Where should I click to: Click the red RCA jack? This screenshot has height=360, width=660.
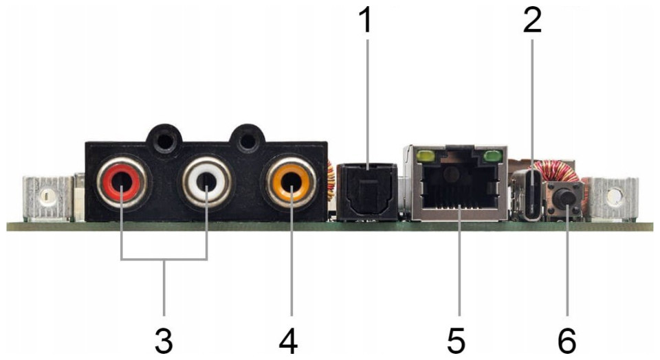pyautogui.click(x=122, y=183)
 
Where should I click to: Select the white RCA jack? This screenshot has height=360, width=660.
pyautogui.click(x=207, y=183)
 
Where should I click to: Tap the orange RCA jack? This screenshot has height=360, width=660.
pyautogui.click(x=291, y=183)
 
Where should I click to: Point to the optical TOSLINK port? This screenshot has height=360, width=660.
pyautogui.click(x=368, y=192)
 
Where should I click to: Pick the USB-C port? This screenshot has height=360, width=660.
pyautogui.click(x=532, y=194)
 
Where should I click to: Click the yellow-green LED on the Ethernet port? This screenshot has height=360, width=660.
pyautogui.click(x=426, y=157)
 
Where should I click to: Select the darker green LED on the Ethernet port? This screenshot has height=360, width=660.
pyautogui.click(x=493, y=157)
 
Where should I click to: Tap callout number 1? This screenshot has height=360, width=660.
pyautogui.click(x=366, y=21)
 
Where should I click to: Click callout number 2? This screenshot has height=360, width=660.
pyautogui.click(x=532, y=21)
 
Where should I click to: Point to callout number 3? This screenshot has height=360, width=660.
pyautogui.click(x=164, y=340)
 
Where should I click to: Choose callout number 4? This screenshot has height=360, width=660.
pyautogui.click(x=288, y=340)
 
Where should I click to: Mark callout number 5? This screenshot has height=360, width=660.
pyautogui.click(x=456, y=340)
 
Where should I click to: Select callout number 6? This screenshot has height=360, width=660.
pyautogui.click(x=566, y=340)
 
